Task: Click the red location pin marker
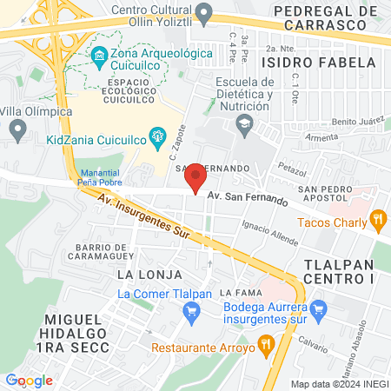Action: [196, 178]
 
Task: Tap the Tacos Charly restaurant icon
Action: [377, 220]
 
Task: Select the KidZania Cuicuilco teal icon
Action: [157, 135]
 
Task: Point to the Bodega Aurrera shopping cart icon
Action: [318, 307]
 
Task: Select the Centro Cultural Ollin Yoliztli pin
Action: [204, 12]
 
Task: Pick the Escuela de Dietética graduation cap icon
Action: [244, 123]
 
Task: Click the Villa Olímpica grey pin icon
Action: [17, 130]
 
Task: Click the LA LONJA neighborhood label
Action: [142, 274]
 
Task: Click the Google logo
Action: [29, 380]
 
